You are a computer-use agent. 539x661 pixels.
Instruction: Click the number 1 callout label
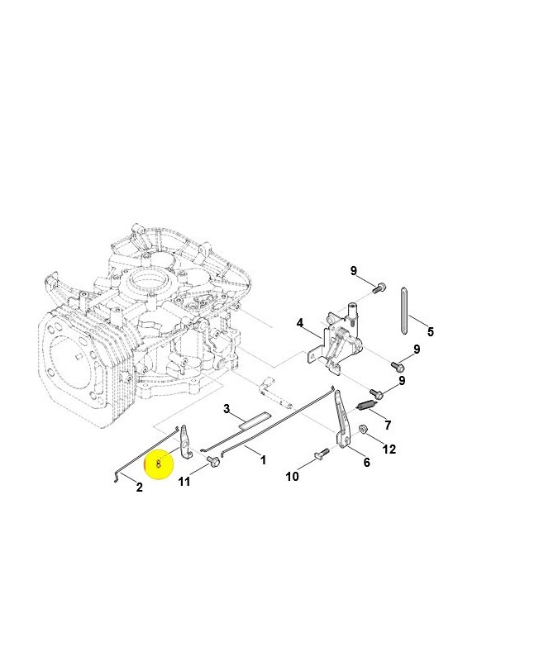(x=263, y=459)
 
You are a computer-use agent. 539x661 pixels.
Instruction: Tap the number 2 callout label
(x=139, y=487)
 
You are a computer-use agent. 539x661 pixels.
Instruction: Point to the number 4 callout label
(x=300, y=323)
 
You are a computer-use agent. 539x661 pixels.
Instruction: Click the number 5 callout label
(x=429, y=332)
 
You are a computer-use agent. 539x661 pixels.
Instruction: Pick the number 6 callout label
(x=366, y=463)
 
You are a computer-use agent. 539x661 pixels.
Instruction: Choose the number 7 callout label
(x=388, y=425)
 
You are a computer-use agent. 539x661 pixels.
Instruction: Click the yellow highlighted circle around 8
(x=158, y=464)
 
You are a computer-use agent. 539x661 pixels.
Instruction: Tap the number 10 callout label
(x=292, y=477)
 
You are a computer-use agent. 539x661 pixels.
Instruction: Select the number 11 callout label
(x=184, y=481)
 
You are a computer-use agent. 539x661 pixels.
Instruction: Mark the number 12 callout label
(x=389, y=449)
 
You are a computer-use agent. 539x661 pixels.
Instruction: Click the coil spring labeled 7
(x=367, y=405)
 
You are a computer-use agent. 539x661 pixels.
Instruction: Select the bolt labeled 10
(x=322, y=454)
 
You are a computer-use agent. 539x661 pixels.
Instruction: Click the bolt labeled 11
(x=212, y=460)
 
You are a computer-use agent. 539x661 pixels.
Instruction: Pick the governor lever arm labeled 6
(x=343, y=426)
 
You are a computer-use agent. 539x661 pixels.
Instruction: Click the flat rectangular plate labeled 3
(x=254, y=420)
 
